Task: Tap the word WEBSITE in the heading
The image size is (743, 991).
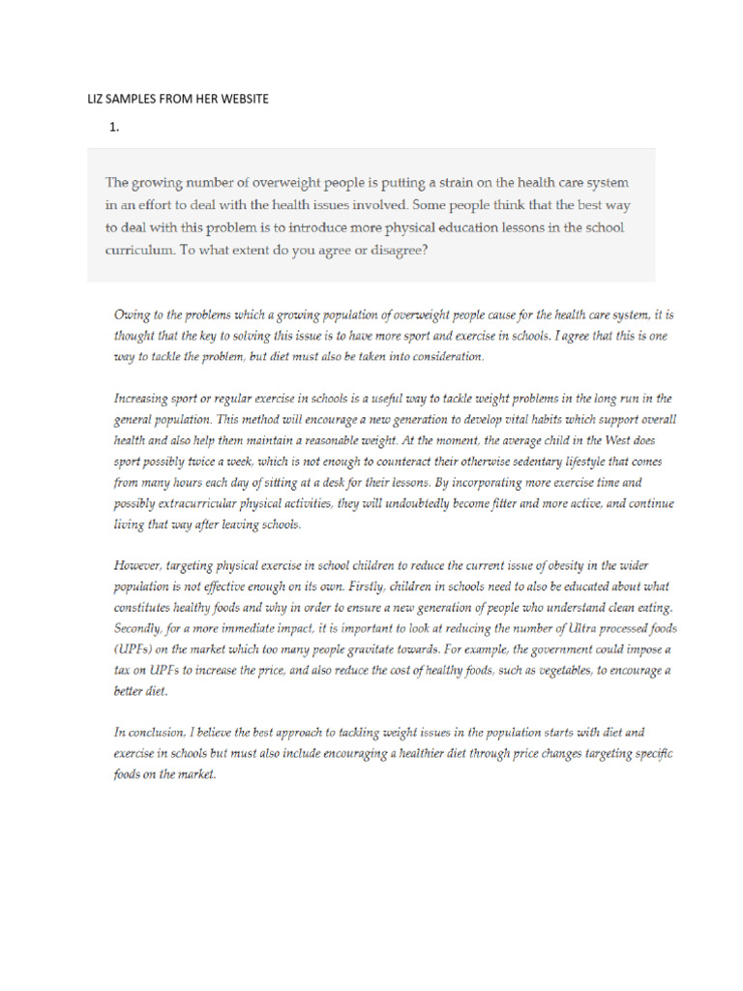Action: [242, 99]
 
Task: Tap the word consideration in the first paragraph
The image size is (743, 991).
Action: [443, 356]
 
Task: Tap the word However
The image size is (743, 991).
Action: [140, 565]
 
